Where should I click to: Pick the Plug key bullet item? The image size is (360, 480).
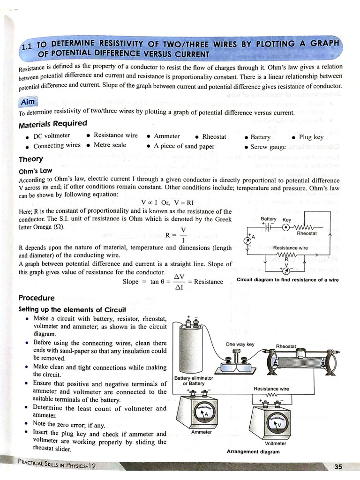tap(310, 137)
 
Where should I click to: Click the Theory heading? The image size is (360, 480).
tap(30, 159)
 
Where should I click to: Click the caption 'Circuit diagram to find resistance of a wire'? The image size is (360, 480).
tap(287, 280)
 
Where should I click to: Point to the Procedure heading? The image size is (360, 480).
tap(36, 298)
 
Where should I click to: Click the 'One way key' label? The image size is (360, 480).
tap(240, 344)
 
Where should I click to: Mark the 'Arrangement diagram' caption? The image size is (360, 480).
tap(253, 452)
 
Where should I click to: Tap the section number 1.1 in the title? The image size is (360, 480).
tap(29, 47)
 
